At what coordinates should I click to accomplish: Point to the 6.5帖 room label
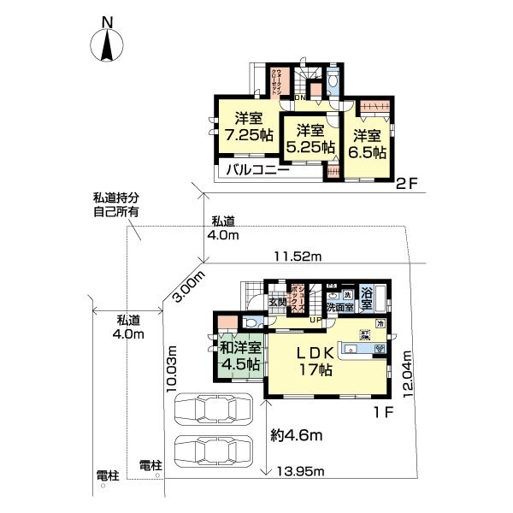coord(368,144)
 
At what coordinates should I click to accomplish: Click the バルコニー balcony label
coord(257,170)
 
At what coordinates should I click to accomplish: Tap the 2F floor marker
coord(407,182)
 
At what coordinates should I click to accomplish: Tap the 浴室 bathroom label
coord(367,298)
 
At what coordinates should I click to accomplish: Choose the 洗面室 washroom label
coord(339,306)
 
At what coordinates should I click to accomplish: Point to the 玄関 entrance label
coord(279,302)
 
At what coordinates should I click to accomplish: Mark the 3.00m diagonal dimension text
coord(190,285)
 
